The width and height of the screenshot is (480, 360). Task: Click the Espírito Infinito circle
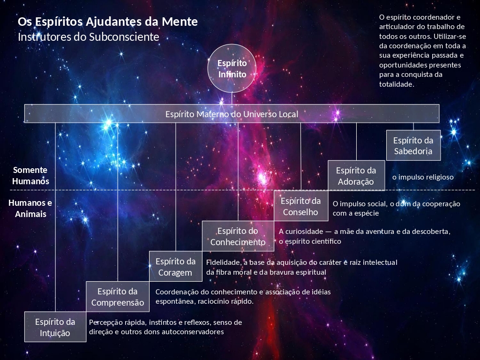[232, 68]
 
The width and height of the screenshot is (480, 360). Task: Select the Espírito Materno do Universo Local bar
[232, 113]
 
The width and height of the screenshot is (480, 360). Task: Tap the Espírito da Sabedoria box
[413, 145]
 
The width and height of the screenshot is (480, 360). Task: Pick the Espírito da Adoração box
[356, 176]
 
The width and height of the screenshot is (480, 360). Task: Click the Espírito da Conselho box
[301, 206]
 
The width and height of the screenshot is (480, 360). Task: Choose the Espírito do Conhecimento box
[238, 236]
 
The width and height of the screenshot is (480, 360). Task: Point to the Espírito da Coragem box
[176, 267]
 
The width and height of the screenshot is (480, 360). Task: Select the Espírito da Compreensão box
[118, 297]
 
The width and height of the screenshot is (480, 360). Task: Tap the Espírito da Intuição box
[55, 327]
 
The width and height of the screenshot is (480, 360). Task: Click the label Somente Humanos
[30, 176]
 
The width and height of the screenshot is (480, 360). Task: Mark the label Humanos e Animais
[30, 208]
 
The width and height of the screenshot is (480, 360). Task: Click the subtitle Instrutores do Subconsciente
[89, 37]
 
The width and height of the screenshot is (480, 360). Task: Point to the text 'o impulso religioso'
[423, 177]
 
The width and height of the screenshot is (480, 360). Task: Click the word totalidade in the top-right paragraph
[397, 84]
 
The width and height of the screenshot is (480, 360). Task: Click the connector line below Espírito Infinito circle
[232, 98]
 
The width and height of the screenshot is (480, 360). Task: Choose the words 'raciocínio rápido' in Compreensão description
[225, 301]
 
